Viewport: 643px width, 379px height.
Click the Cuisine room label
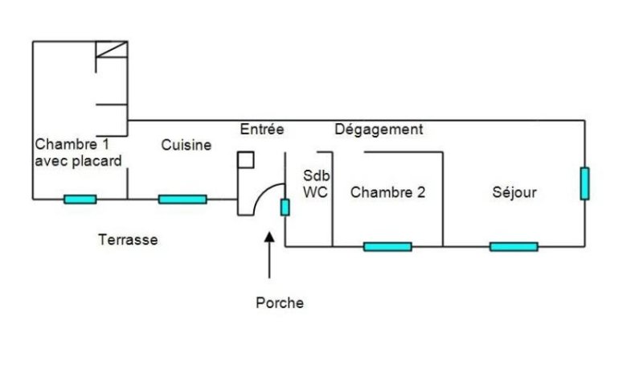tap(186, 145)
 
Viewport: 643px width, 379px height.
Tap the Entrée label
tap(262, 129)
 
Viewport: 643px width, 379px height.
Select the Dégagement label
tap(379, 129)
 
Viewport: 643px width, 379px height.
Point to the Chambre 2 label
tap(387, 192)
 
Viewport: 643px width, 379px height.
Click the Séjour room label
tap(514, 192)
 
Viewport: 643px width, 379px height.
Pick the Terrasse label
tap(128, 240)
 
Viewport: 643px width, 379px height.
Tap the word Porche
tap(280, 303)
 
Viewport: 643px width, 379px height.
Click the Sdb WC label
tap(317, 184)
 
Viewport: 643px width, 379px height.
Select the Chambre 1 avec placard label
tap(78, 153)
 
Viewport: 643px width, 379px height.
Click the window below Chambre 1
tap(80, 200)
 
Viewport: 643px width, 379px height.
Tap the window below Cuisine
tap(182, 200)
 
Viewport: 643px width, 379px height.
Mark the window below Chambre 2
tap(387, 246)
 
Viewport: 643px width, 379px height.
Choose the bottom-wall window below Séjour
tap(514, 246)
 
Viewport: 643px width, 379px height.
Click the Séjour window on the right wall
tap(584, 183)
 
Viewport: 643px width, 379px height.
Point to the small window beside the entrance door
tap(285, 207)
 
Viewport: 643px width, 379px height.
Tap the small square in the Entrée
tap(245, 159)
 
